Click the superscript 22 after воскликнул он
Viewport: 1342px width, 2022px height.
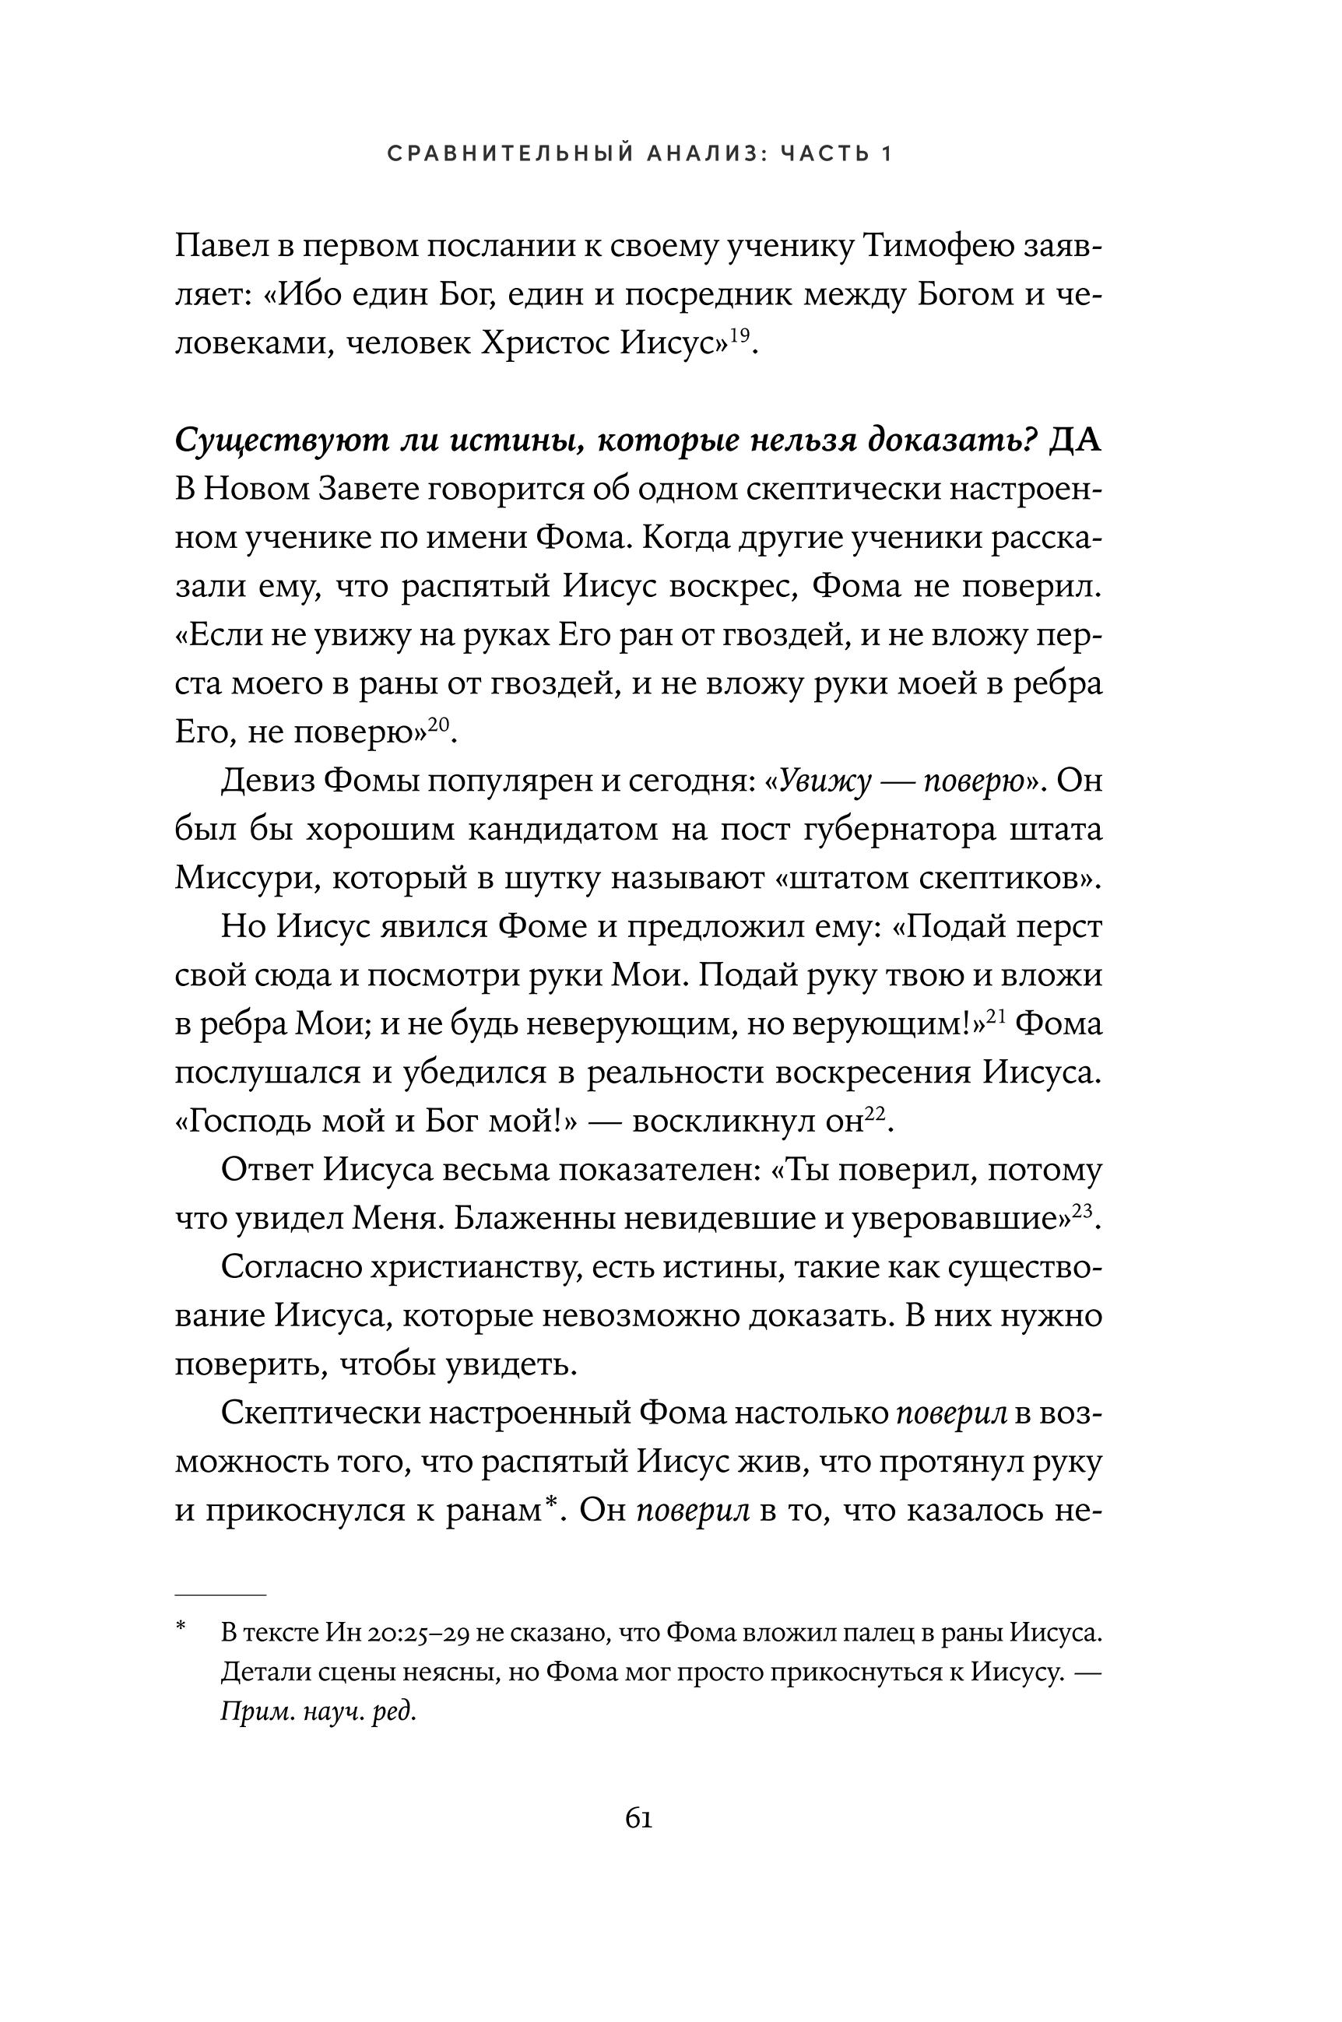pyautogui.click(x=874, y=1113)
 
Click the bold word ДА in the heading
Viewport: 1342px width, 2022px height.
pyautogui.click(x=1075, y=441)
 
